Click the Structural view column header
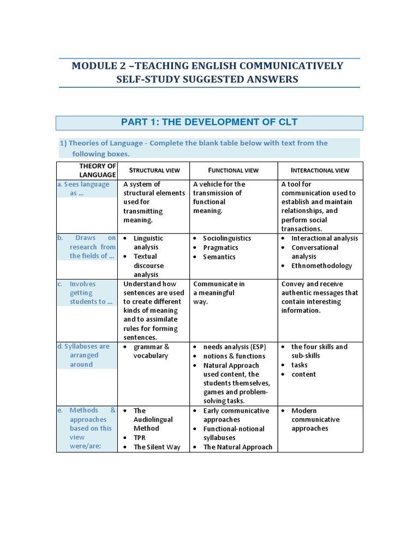tap(154, 170)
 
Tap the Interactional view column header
tap(320, 170)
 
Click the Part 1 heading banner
tap(209, 122)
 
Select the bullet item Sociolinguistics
tap(227, 239)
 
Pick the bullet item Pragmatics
tap(220, 248)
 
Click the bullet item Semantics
tap(219, 257)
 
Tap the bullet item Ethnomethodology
tap(321, 266)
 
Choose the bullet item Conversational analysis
tap(314, 252)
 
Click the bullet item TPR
tap(140, 438)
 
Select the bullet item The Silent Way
tap(157, 447)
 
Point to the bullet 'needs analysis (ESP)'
tap(234, 347)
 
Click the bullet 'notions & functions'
tap(234, 356)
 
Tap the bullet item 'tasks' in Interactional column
tap(299, 365)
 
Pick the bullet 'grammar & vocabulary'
tap(151, 351)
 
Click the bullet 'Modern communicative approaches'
tap(315, 419)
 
